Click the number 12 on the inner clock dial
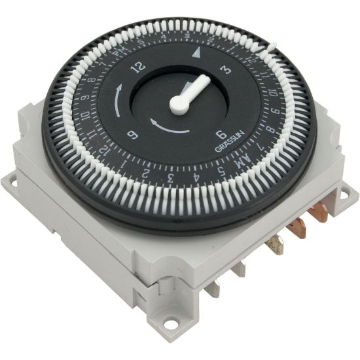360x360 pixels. pyautogui.click(x=137, y=67)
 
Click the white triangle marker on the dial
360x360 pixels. pyautogui.click(x=198, y=50)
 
